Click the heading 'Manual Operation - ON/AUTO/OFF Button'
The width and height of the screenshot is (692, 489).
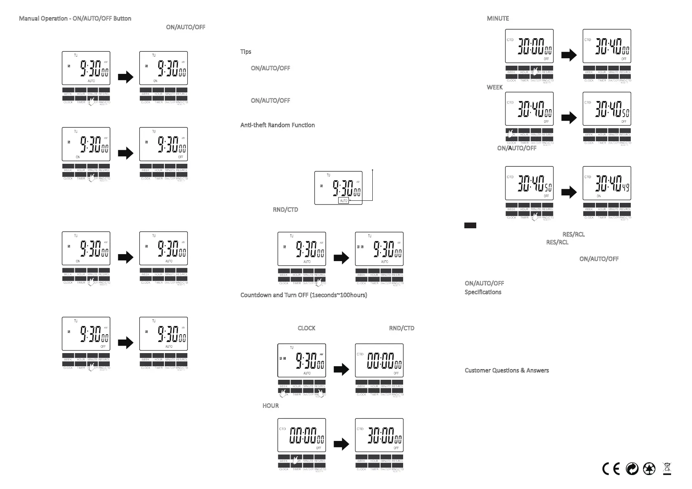click(75, 18)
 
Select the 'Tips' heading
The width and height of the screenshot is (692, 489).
click(246, 52)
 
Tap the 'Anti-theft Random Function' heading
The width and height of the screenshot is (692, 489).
click(277, 125)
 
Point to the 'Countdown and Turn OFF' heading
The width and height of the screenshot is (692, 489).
click(303, 295)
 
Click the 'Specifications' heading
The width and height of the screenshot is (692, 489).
click(483, 292)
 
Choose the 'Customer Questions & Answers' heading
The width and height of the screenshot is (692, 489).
click(507, 370)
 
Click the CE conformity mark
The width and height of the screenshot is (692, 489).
click(611, 468)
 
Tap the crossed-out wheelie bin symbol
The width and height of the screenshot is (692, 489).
click(667, 468)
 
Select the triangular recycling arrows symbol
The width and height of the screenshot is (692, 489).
click(649, 468)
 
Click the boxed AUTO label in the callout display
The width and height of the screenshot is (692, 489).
click(344, 201)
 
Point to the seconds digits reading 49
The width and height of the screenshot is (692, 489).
click(625, 188)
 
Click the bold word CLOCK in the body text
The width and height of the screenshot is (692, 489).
click(307, 328)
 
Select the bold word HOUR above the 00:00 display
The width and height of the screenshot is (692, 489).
click(270, 406)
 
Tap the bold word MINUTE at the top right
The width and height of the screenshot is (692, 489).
click(498, 18)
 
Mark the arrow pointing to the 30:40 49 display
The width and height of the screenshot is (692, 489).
click(569, 192)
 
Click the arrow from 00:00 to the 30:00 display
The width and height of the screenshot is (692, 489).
click(341, 444)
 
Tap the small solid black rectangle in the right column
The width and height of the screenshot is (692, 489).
click(470, 225)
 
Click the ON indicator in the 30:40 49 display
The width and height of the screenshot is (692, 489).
click(599, 196)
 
